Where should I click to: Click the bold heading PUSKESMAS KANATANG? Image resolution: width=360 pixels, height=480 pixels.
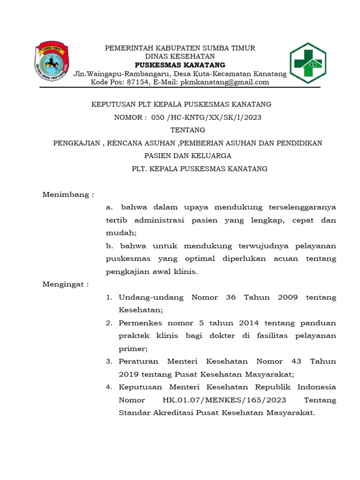point(180,65)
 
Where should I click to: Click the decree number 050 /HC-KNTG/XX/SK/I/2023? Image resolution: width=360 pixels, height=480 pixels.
point(206,117)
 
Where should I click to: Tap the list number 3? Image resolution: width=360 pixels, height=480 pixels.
point(109,361)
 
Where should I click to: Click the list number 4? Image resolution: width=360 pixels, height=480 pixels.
point(109,387)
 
